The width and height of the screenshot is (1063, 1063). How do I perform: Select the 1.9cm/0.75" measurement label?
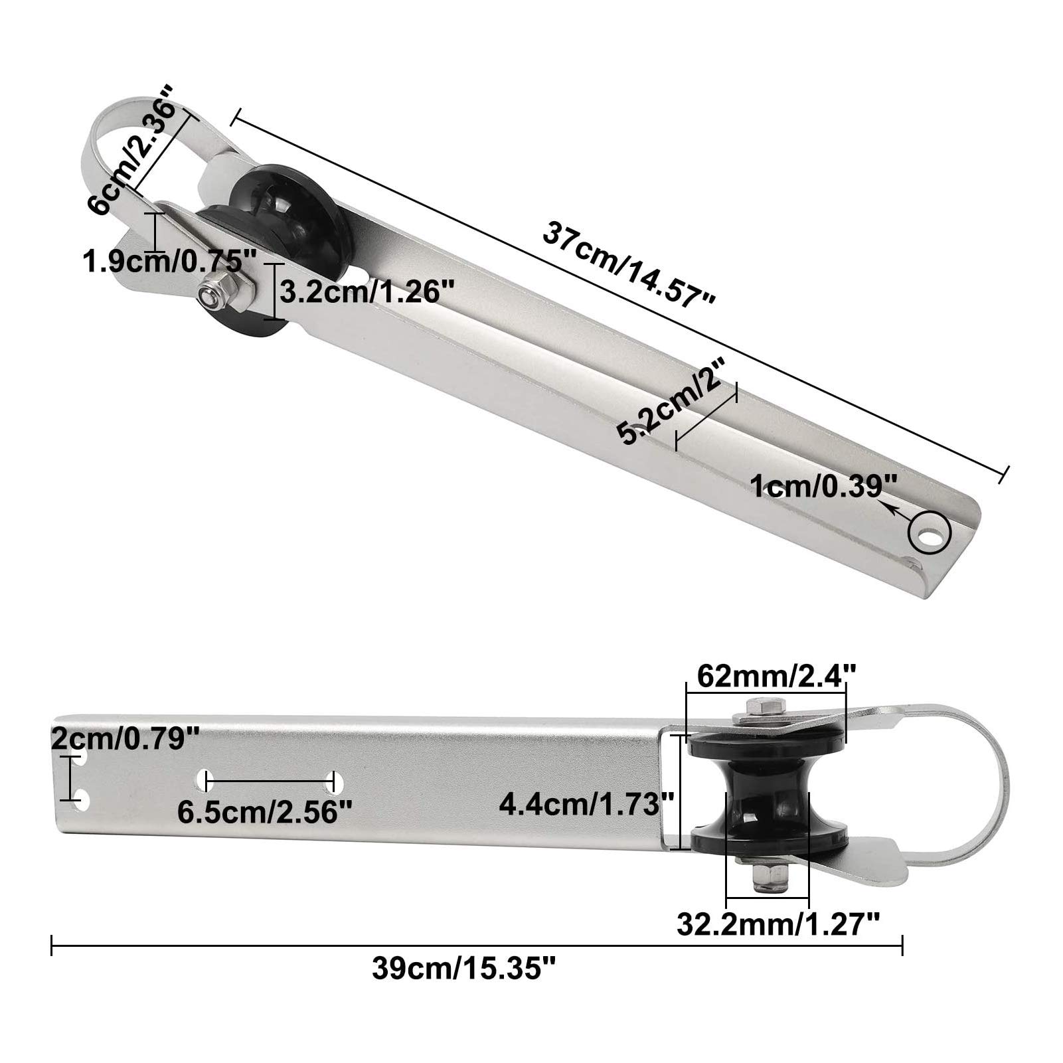click(x=162, y=261)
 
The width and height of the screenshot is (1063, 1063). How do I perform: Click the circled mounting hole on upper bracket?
click(x=930, y=532)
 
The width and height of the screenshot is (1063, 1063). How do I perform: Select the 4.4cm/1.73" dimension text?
click(x=587, y=804)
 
